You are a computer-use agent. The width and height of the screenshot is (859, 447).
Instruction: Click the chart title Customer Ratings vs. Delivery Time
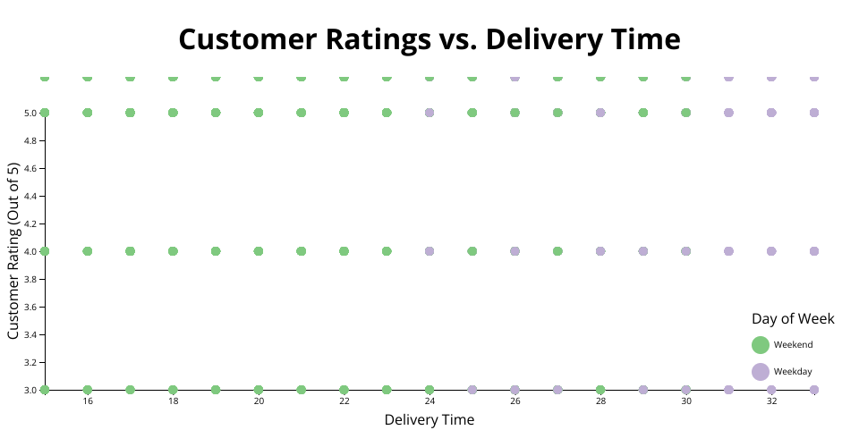point(429,40)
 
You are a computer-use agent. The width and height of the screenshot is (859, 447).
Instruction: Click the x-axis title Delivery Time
point(429,419)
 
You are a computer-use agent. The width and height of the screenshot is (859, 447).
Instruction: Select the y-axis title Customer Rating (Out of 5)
point(13,251)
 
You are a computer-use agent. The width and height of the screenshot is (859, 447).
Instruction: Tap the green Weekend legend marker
point(761,345)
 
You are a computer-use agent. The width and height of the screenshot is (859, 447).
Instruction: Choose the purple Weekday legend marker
point(761,371)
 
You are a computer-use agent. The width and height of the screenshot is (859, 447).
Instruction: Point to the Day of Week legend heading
point(793,319)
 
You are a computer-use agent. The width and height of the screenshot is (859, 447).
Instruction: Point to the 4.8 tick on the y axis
point(30,141)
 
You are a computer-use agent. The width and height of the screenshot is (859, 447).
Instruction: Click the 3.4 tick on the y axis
point(30,334)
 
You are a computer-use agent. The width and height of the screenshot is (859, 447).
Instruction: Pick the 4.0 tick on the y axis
point(30,251)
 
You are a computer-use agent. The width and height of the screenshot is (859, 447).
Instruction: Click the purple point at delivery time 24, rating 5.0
point(429,113)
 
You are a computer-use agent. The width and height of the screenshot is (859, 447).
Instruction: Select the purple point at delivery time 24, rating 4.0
point(429,251)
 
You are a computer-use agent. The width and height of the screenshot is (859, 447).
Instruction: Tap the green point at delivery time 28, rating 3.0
point(600,390)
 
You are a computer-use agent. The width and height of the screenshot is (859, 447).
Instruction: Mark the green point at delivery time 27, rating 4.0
point(557,251)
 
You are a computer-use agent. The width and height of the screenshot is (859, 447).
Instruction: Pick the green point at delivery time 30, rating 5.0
point(686,113)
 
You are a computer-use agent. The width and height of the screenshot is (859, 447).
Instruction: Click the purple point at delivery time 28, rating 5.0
point(600,113)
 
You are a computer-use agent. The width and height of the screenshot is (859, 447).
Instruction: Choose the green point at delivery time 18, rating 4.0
point(173,251)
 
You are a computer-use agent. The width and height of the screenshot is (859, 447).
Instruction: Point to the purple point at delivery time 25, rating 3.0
point(472,390)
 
